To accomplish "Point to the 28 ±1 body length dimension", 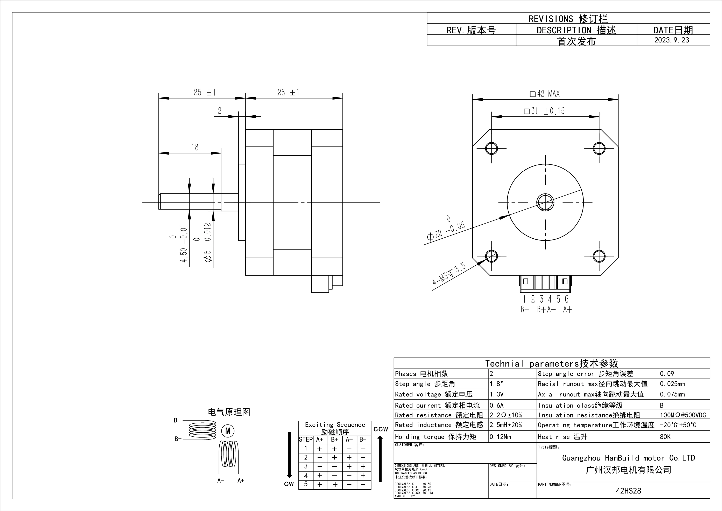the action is pos(288,93).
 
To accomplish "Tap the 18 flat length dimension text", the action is pos(195,147).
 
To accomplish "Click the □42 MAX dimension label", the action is pos(545,94).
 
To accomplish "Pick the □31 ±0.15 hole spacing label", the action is pos(544,111).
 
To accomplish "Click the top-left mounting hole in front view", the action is pos(491,148).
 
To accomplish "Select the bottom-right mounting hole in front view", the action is pos(599,256).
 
